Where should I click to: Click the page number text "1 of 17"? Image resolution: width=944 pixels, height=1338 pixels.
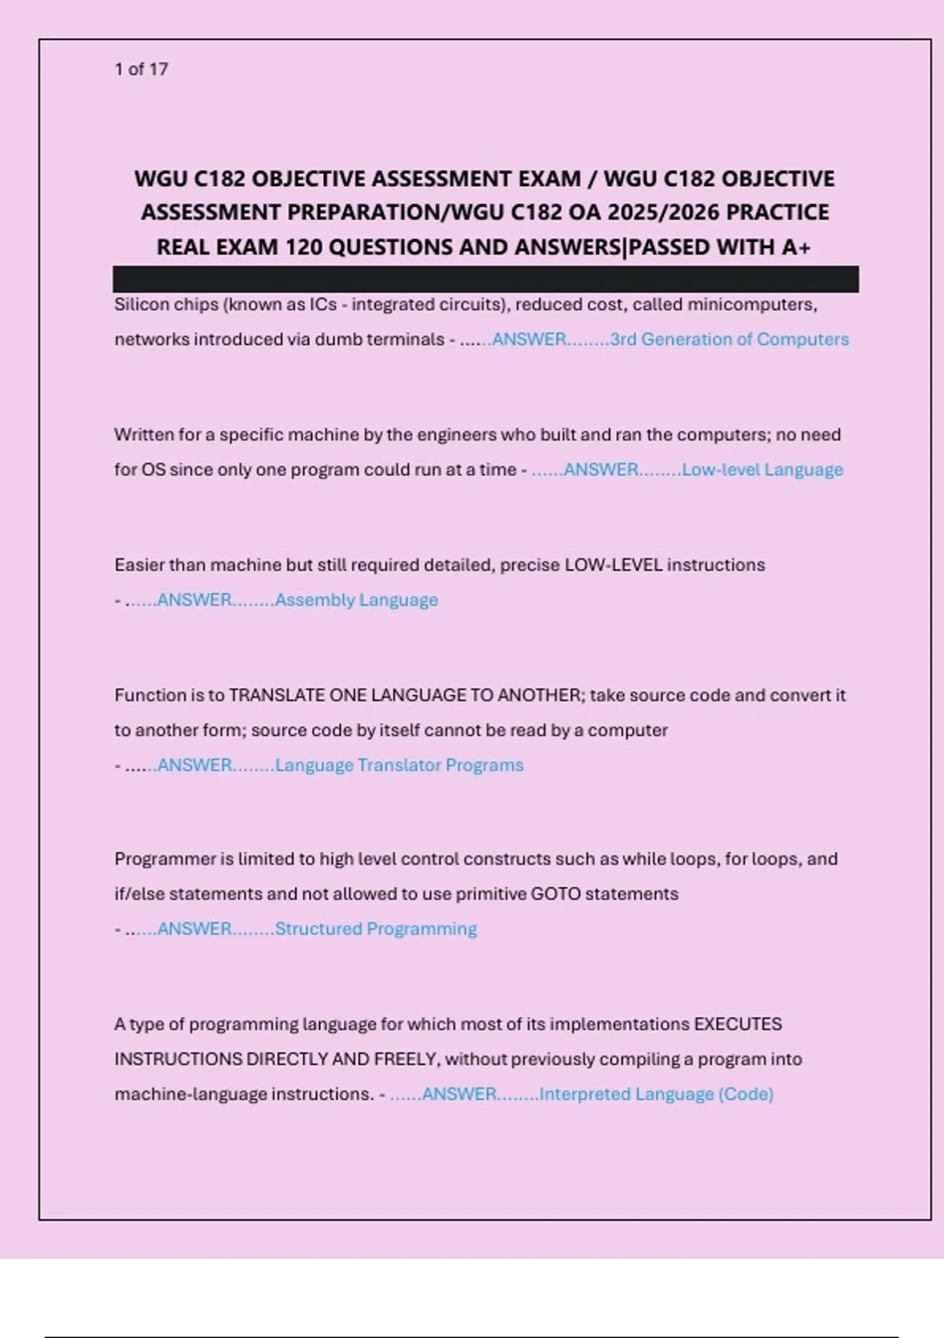click(142, 69)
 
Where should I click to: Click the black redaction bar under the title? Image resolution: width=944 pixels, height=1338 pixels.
click(485, 279)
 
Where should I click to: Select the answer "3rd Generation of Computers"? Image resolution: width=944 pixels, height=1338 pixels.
click(729, 339)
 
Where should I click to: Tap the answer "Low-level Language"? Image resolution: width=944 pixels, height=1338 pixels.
click(762, 470)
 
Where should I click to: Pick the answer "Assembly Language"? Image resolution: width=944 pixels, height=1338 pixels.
click(356, 600)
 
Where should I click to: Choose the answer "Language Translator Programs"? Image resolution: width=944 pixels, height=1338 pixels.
click(399, 765)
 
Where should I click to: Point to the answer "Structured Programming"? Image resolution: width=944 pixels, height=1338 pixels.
click(375, 929)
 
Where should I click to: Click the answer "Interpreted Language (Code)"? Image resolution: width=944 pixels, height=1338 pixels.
click(656, 1094)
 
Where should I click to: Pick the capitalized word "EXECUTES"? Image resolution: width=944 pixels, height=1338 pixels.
click(737, 1025)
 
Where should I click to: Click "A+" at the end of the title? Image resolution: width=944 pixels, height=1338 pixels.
click(796, 247)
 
